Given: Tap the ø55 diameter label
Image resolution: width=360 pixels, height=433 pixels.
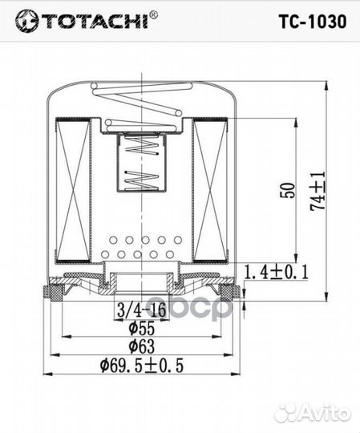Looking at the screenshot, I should tap(140, 328).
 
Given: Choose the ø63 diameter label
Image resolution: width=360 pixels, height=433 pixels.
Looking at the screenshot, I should tap(140, 346).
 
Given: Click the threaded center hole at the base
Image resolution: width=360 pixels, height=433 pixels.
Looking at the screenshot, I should tap(140, 282).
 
